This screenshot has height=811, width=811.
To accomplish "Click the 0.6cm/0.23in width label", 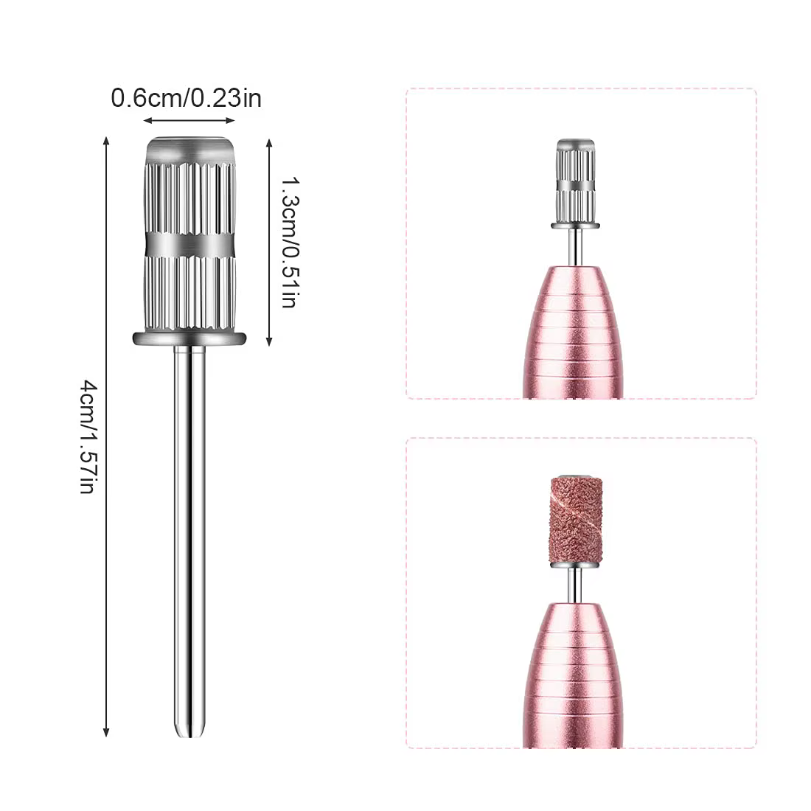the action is (x=187, y=98).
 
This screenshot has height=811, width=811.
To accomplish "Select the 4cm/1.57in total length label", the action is (x=88, y=437).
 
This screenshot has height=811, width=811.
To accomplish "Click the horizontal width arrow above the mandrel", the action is (x=189, y=120).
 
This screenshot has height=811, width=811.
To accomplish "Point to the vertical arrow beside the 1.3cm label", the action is (x=269, y=242).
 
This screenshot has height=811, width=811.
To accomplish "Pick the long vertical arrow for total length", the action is (x=106, y=437).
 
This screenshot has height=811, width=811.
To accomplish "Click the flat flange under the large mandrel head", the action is (x=189, y=339).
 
